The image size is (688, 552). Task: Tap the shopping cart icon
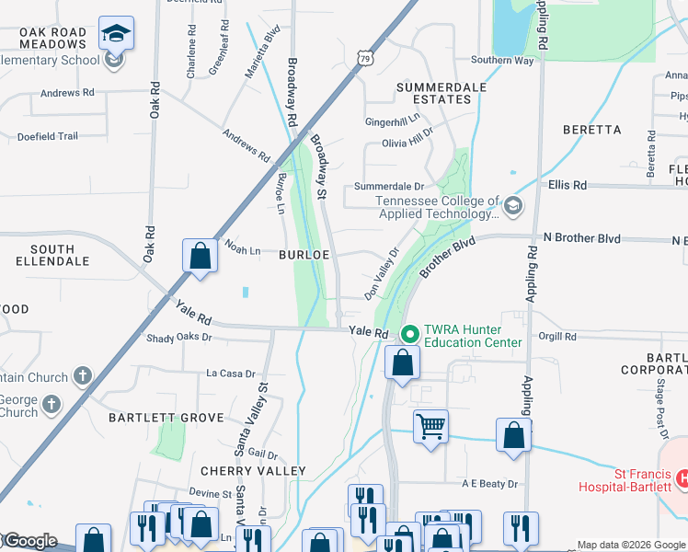click(430, 426)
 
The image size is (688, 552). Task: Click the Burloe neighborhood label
click(304, 255)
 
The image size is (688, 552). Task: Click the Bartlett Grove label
click(166, 418)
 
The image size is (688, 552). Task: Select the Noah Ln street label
click(244, 250)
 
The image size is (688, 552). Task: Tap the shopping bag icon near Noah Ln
click(200, 256)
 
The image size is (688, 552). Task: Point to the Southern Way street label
click(502, 61)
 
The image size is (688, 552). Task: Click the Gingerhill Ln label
click(392, 121)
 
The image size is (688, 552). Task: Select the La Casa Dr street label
click(230, 374)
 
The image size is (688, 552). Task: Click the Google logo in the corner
click(29, 541)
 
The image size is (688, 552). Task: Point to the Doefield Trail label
click(48, 136)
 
